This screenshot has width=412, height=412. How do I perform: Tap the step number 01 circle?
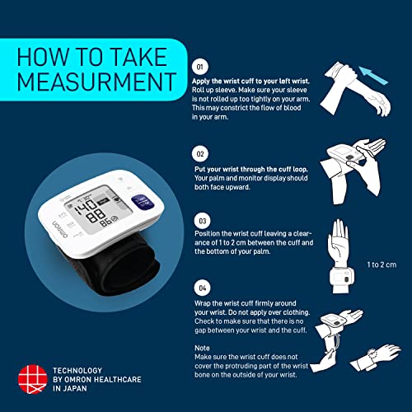[199, 65]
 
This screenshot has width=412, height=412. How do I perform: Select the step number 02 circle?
[199, 154]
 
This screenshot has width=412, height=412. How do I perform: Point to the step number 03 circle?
[199, 222]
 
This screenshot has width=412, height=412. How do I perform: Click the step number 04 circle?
[199, 288]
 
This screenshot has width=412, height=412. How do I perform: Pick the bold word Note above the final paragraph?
[202, 348]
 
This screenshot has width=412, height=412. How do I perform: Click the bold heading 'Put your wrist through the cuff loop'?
[254, 167]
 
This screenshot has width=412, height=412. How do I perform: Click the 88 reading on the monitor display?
[105, 222]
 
